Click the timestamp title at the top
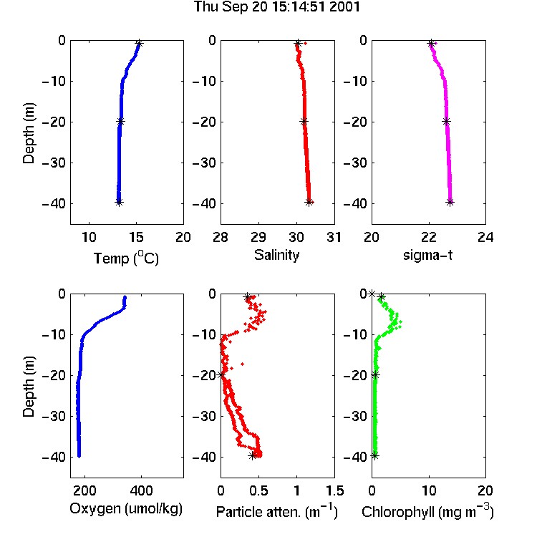tap(276, 7)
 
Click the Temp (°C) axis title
tap(126, 258)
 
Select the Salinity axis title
tap(276, 255)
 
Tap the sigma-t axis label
tap(427, 255)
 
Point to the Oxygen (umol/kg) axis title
tap(126, 509)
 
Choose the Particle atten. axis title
tap(277, 511)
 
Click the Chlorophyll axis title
tap(427, 511)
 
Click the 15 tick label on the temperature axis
tap(136, 237)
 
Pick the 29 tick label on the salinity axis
tap(258, 237)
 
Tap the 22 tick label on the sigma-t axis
tap(429, 237)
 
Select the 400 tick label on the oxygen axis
tap(141, 490)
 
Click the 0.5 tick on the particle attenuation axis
tap(258, 490)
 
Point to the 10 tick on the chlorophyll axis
tap(429, 490)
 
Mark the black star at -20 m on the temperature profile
tap(120, 121)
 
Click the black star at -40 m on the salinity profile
tap(309, 203)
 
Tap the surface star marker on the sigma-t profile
tap(431, 43)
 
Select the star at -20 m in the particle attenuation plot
tap(221, 374)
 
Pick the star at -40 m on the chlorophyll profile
tap(375, 456)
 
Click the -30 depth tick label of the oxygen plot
tap(54, 417)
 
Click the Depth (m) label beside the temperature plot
tap(29, 133)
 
